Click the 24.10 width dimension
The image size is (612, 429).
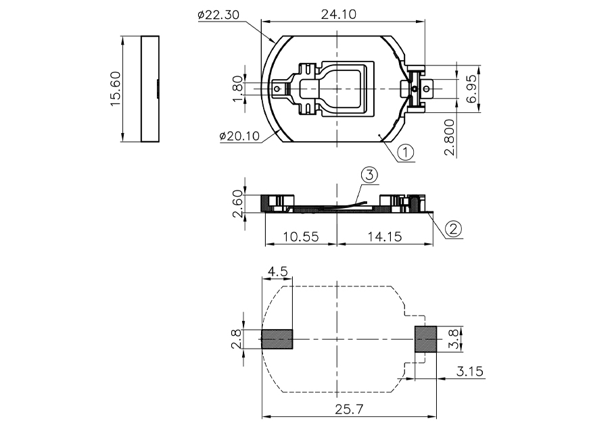point(338,14)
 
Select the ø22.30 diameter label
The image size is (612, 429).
point(218,15)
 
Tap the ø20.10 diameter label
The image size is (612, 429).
point(239,136)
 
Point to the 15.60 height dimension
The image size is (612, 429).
point(115,89)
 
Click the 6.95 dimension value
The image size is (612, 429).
point(472,89)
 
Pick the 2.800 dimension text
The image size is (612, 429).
point(450,137)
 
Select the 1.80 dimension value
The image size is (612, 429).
point(237,89)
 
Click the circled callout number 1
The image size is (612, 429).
point(406,152)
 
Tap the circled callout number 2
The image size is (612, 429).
point(453,228)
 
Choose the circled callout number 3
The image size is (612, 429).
point(369,175)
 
